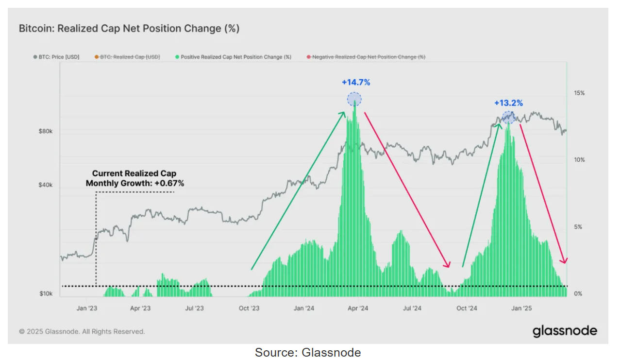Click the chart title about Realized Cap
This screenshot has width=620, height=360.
[x=129, y=29]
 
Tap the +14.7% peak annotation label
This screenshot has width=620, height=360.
[x=356, y=83]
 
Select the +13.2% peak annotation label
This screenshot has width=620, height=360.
[x=508, y=103]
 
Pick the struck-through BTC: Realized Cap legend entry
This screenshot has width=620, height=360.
[x=127, y=57]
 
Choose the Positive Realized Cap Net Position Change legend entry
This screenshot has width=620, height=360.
[x=233, y=57]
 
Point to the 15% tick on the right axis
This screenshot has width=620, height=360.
[x=579, y=93]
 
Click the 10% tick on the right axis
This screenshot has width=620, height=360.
[x=579, y=160]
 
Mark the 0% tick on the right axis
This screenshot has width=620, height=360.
[x=578, y=294]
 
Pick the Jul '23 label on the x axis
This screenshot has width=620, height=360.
[x=194, y=308]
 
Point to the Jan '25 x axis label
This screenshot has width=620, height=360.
[x=523, y=308]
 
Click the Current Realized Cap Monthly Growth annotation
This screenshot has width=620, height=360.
[x=134, y=178]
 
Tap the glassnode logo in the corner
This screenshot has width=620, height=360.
[x=565, y=331]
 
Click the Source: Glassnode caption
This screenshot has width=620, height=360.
[x=308, y=352]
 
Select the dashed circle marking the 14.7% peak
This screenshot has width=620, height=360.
[x=354, y=100]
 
